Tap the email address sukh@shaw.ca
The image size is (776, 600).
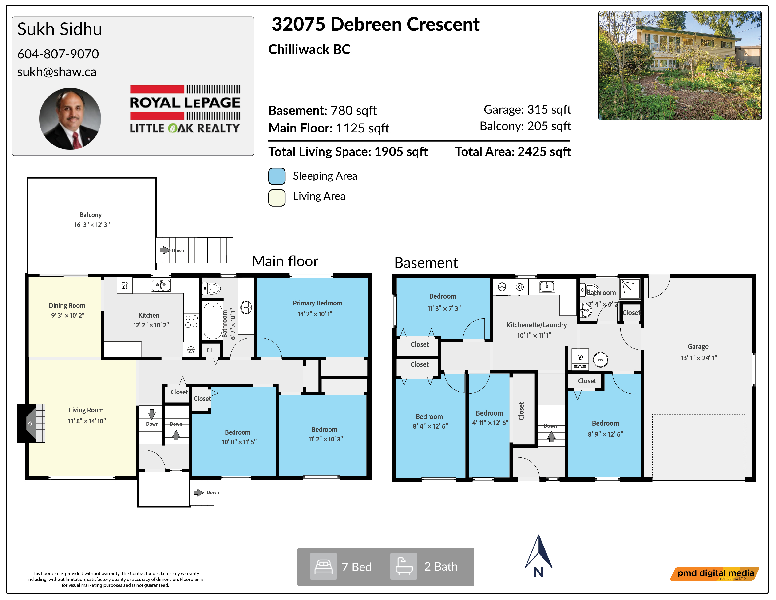[57, 72]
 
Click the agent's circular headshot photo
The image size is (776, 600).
[70, 119]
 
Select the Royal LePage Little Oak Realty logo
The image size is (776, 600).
[185, 109]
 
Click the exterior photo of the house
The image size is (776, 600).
[680, 65]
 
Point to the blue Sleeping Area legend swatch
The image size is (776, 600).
[277, 176]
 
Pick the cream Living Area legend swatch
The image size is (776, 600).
[277, 198]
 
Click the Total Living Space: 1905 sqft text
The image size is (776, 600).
[348, 152]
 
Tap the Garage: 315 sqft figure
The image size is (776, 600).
[527, 109]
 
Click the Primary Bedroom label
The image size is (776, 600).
[317, 303]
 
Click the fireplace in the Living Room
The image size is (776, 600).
[31, 423]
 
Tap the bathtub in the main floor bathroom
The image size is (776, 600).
[213, 321]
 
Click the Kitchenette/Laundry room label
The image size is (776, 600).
[537, 325]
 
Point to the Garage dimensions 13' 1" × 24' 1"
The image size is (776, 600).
[699, 358]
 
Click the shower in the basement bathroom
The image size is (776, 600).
[630, 288]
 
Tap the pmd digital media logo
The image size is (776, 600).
[715, 574]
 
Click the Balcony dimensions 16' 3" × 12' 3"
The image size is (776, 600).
[92, 225]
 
